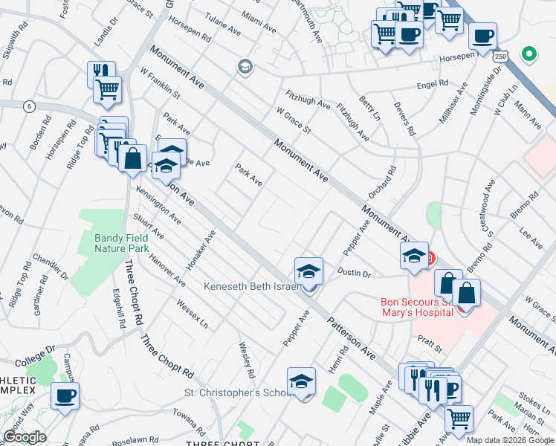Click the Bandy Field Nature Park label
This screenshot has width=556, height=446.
pos(123,243)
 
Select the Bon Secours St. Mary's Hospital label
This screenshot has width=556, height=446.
pos(416,307)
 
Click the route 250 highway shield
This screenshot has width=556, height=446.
pos(501,56)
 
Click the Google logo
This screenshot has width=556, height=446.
pos(25,437)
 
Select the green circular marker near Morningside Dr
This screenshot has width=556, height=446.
pos(529,54)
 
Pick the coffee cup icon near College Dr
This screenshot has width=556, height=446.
pos(65,396)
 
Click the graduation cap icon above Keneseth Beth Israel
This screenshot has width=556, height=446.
pos(308,271)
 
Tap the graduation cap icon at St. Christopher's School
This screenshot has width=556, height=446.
pos(301,381)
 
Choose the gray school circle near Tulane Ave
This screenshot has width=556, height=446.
pos(244,68)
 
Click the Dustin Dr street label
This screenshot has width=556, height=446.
pos(354,274)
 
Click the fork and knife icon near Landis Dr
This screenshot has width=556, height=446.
pos(101,71)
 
